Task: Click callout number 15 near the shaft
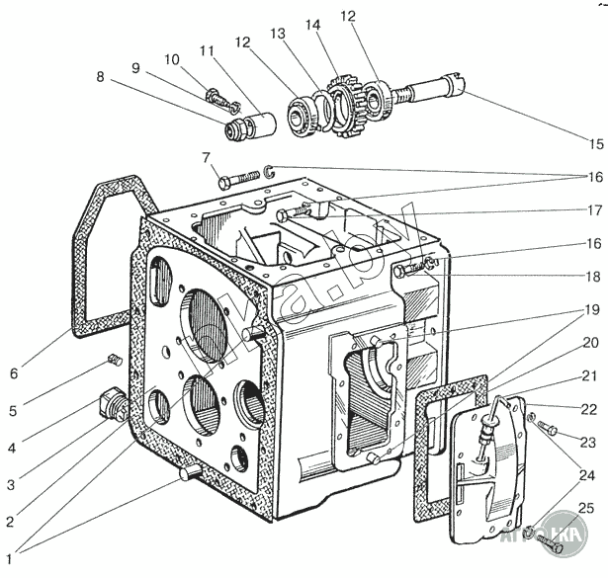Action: coord(594,143)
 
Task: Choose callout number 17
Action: coord(592,209)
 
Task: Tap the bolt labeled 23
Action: coord(548,429)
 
